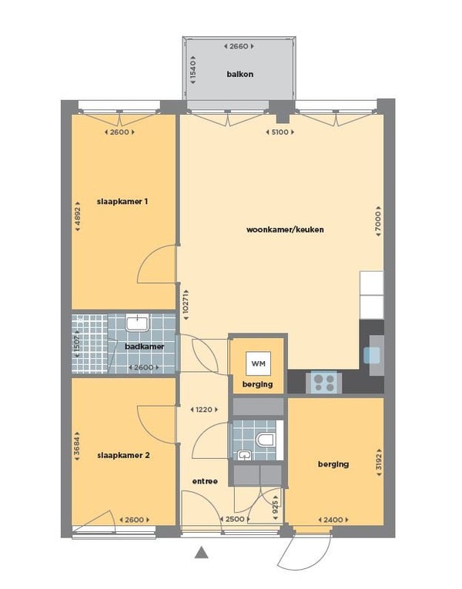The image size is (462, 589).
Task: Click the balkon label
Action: (239, 74)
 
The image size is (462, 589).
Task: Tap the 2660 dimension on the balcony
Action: (239, 46)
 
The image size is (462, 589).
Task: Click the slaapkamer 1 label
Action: (122, 202)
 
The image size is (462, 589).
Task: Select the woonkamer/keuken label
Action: (285, 229)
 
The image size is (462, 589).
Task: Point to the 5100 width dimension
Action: (280, 132)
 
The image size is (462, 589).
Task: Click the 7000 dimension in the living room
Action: (378, 221)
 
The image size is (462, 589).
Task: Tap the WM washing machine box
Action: (258, 363)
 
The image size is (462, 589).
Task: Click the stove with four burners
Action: (323, 383)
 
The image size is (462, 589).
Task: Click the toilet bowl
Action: (266, 440)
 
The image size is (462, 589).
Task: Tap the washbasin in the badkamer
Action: (137, 323)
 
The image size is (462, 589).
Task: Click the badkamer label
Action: (144, 346)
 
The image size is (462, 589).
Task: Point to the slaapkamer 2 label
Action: (123, 455)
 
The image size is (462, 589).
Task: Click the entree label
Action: (205, 481)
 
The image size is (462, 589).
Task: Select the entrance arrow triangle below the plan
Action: (202, 552)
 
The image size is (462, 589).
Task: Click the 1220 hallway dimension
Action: (204, 410)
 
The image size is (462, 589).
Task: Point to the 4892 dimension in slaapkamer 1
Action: (77, 216)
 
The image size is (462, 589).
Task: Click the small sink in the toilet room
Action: (244, 455)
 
